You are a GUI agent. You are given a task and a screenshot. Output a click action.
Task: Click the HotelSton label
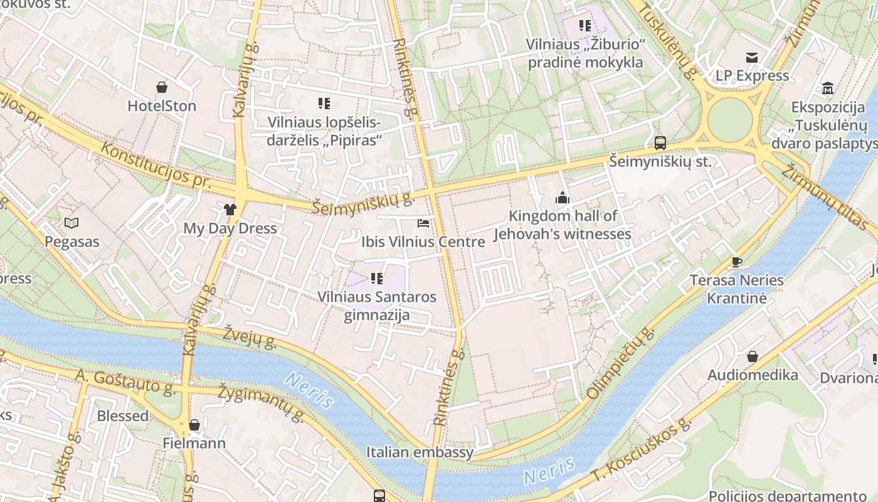pyautogui.click(x=162, y=105)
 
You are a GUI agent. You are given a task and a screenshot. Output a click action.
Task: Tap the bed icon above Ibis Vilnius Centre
pyautogui.click(x=423, y=223)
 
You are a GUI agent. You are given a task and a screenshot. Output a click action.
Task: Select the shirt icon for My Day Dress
pyautogui.click(x=230, y=210)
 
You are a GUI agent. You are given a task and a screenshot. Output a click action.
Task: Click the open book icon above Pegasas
pyautogui.click(x=72, y=223)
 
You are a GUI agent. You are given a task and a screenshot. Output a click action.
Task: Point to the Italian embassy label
pyautogui.click(x=420, y=452)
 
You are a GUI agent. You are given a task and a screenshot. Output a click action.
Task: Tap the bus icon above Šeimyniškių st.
pyautogui.click(x=660, y=142)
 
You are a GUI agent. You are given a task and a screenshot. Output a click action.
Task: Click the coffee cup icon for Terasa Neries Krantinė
pyautogui.click(x=737, y=262)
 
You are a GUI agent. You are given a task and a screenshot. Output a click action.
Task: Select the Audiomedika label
pyautogui.click(x=753, y=375)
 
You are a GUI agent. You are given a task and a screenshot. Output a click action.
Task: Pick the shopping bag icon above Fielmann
pyautogui.click(x=194, y=425)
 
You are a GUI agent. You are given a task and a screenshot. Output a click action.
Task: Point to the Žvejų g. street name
pyautogui.click(x=250, y=336)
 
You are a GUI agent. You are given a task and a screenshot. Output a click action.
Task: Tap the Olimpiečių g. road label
pyautogui.click(x=620, y=363)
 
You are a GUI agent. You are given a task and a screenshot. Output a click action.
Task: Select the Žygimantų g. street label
pyautogui.click(x=261, y=403)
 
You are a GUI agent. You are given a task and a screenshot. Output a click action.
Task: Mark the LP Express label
pyautogui.click(x=753, y=75)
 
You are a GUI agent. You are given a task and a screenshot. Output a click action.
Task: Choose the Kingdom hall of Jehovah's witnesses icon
pyautogui.click(x=562, y=198)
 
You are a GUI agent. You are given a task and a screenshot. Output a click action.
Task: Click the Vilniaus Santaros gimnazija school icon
pyautogui.click(x=376, y=278)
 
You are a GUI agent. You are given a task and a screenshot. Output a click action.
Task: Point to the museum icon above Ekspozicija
pyautogui.click(x=827, y=88)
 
